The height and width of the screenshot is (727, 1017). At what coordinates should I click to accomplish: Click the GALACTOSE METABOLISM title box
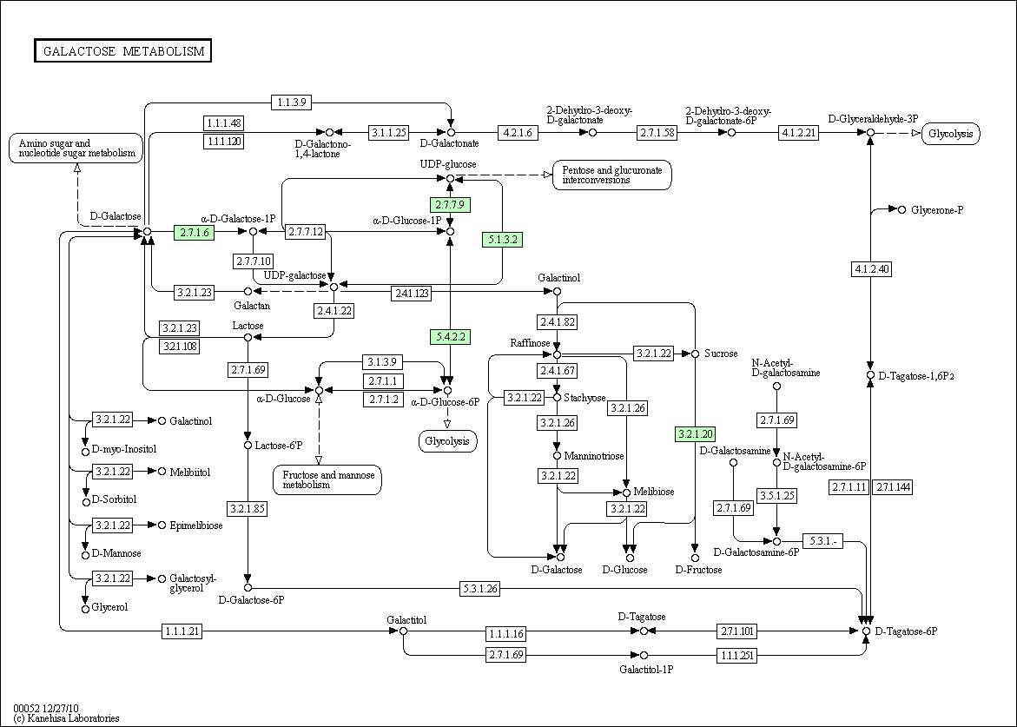click(123, 50)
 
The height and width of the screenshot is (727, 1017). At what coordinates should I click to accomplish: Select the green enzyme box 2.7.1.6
click(194, 232)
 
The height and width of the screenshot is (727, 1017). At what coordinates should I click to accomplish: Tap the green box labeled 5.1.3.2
click(503, 240)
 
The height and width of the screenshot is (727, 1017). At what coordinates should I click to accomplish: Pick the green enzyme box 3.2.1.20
click(696, 434)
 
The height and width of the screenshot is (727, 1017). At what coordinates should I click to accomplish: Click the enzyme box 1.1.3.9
click(292, 102)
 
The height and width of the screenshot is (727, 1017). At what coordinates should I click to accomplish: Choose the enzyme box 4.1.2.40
click(871, 268)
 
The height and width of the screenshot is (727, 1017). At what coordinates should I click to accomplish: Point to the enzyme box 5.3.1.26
click(480, 588)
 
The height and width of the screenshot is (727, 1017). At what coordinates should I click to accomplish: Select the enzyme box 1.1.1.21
click(182, 631)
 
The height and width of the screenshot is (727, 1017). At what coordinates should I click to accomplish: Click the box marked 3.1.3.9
click(383, 361)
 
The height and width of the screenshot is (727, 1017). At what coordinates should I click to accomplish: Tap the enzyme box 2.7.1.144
click(893, 487)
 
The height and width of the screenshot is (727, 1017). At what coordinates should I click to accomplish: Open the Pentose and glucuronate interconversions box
click(612, 175)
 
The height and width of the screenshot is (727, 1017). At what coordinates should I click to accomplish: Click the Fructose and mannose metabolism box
click(328, 479)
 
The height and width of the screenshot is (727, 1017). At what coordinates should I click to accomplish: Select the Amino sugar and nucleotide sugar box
click(76, 148)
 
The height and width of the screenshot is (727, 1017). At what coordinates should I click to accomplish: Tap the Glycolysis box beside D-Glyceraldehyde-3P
click(951, 134)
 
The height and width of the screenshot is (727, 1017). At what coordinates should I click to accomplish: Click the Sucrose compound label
click(721, 354)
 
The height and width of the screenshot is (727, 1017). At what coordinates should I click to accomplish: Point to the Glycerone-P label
click(937, 210)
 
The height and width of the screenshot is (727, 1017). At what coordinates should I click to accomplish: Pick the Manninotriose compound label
click(594, 456)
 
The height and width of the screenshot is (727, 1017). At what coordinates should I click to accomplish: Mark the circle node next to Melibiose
click(626, 493)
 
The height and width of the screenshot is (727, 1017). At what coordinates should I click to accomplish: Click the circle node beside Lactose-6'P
click(248, 446)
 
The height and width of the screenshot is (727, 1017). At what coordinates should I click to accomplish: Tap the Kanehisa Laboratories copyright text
click(66, 718)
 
